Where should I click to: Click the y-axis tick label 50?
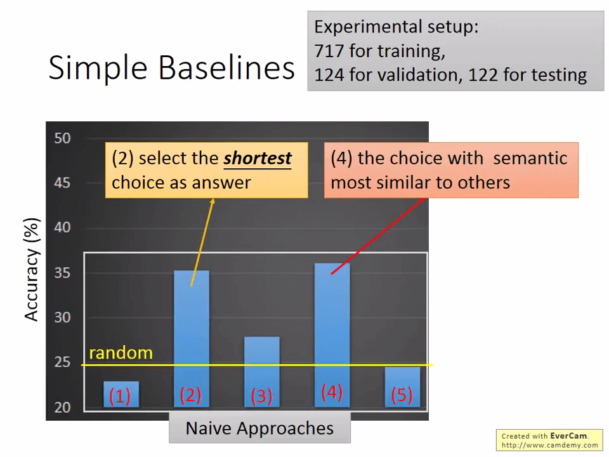coord(63,138)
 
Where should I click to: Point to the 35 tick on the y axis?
coord(63,273)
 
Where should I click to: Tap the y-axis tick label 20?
coord(63,407)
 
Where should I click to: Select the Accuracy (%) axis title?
coord(32,270)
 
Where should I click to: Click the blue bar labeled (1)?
coord(121,394)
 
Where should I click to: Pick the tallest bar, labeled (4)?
coord(332,335)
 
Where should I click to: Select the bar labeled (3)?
coord(262,372)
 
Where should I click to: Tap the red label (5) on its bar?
coord(402,395)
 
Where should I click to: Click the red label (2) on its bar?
coord(191,395)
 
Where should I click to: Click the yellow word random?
coord(121,353)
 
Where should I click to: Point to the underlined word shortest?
coord(258,159)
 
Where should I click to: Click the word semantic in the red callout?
coord(530,159)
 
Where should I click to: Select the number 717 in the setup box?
coord(329,51)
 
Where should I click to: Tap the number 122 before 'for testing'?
coord(483,75)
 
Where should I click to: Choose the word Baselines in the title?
coord(226,68)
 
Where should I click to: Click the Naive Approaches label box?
coord(260,428)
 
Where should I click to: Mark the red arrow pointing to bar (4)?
coord(378,236)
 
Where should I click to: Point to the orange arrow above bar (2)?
coord(202,242)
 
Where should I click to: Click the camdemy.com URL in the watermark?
coord(549,445)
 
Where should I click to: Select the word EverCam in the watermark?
coord(569,436)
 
